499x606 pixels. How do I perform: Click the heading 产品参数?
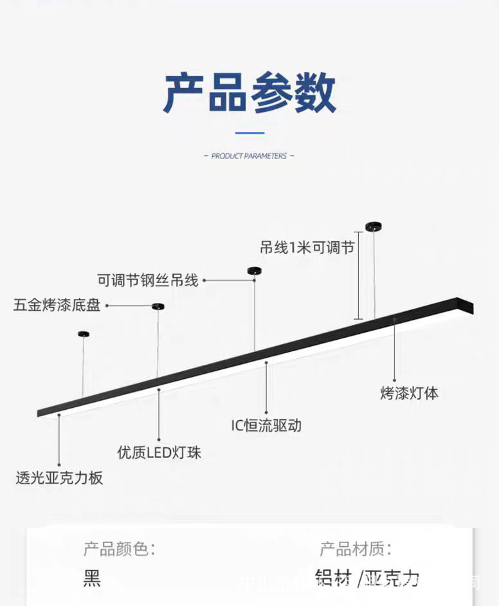(250, 93)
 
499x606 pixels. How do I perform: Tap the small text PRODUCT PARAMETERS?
(249, 156)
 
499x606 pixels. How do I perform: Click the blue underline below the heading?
(250, 133)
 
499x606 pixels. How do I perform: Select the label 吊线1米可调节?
(307, 248)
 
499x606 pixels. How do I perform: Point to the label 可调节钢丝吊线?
(148, 280)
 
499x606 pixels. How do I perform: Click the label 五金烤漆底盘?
(57, 306)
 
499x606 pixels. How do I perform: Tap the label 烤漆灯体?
(409, 394)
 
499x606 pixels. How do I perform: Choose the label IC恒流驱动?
(266, 425)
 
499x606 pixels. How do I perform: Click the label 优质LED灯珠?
(159, 452)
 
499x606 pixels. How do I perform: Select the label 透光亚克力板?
(59, 479)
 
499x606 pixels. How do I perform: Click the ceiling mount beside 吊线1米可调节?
(374, 225)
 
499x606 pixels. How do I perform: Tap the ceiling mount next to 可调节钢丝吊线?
(255, 270)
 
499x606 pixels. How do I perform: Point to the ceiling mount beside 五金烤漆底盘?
(158, 306)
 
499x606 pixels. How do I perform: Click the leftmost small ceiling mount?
(83, 334)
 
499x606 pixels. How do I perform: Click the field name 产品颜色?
(119, 549)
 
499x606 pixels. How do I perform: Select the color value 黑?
(92, 578)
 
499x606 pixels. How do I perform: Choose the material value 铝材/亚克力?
(367, 578)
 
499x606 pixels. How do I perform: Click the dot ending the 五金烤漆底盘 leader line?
(107, 306)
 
